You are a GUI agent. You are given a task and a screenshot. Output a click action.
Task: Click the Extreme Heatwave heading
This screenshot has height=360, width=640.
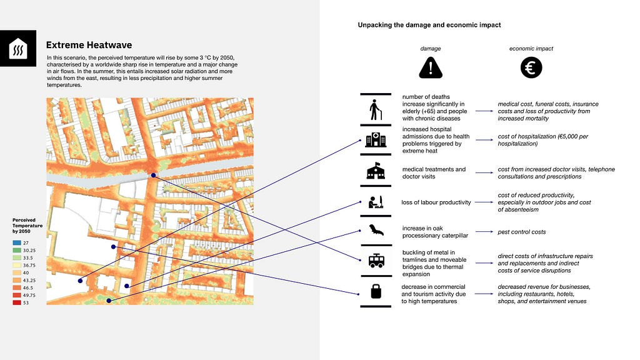[89, 46]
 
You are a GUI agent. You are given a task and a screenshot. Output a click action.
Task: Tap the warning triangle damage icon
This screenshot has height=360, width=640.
[430, 67]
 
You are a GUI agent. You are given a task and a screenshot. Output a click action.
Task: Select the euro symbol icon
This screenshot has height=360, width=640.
[531, 67]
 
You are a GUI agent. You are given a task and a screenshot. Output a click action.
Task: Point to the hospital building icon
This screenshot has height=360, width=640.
[376, 139]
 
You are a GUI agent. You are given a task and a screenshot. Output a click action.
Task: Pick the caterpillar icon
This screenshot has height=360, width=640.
[376, 232]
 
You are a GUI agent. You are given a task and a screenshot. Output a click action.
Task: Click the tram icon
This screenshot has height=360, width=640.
[376, 261]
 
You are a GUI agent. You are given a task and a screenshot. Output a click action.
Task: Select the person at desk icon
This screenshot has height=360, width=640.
[376, 202]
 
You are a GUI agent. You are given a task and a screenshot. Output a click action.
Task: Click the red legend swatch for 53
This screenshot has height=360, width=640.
[17, 302]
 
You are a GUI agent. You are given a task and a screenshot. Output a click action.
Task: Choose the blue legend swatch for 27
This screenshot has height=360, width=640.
[17, 242]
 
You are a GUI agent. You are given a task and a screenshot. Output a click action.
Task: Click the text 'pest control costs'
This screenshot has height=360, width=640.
[521, 232]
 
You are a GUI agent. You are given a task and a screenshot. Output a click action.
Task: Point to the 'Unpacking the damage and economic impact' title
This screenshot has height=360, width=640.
[429, 25]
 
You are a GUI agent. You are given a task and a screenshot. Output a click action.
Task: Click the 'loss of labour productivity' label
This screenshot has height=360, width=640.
[436, 202]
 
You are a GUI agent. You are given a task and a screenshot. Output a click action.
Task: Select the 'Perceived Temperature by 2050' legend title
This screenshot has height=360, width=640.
[27, 226]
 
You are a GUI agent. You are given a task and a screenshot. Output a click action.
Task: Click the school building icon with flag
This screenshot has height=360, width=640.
[376, 171]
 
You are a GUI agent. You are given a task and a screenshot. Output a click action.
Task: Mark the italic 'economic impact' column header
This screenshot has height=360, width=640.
[531, 48]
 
